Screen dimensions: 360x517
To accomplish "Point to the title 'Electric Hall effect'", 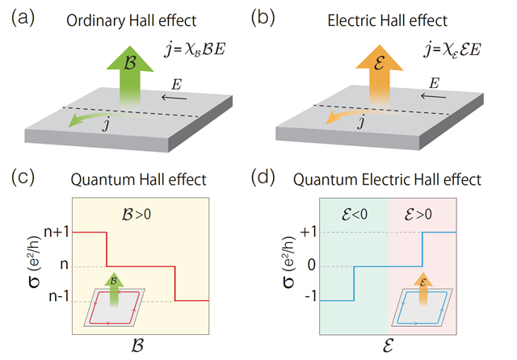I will (380, 20).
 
